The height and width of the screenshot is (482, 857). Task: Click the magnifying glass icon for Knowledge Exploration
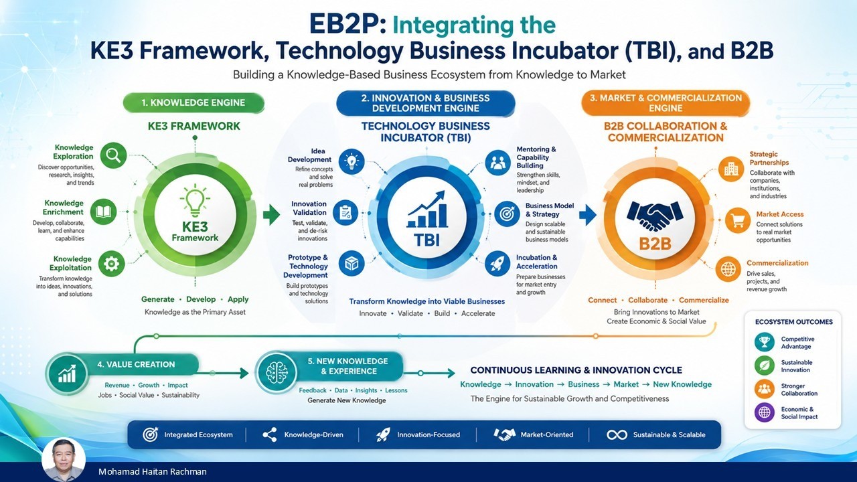[x=114, y=155]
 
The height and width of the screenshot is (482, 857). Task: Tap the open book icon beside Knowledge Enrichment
[x=104, y=212]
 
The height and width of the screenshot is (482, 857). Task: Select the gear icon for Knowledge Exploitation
[x=111, y=264]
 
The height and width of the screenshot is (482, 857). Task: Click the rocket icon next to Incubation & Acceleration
[x=497, y=264]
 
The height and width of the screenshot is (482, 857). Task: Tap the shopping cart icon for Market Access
[x=738, y=220]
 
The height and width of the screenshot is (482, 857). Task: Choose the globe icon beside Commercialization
[x=728, y=269]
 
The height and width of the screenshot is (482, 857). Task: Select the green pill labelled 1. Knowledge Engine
[x=193, y=103]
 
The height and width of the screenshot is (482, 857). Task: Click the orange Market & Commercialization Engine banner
[x=666, y=103]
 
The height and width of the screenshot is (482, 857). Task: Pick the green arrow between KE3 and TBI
[x=272, y=215]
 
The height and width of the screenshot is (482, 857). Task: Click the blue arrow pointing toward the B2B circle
[x=588, y=216]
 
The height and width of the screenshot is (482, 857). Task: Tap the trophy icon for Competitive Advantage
[x=765, y=342]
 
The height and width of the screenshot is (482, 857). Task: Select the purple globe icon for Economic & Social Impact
[x=765, y=413]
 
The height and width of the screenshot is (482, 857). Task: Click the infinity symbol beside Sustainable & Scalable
[x=617, y=435]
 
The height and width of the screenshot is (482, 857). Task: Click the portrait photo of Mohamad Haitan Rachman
[x=64, y=460]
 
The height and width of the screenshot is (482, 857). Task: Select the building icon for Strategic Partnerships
[x=731, y=169]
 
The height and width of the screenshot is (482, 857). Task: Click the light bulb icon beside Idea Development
[x=352, y=162]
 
